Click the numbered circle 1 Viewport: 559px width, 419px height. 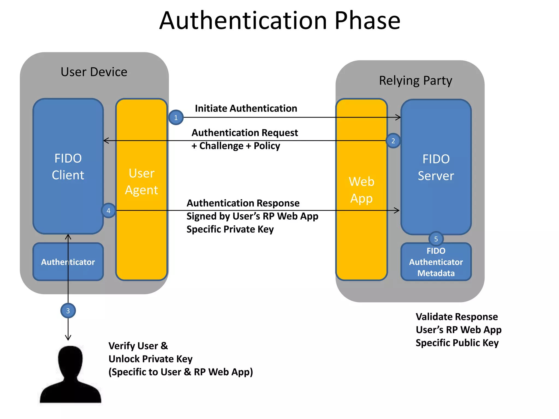point(176,118)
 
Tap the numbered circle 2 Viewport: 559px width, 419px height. point(393,141)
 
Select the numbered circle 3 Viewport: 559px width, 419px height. point(68,311)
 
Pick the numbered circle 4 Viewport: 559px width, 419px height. point(108,211)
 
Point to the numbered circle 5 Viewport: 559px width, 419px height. point(436,239)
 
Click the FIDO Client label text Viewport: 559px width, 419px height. point(68,167)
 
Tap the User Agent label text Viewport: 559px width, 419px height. point(141,182)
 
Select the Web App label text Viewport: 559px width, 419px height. point(361,190)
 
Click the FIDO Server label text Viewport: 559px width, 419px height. point(436,167)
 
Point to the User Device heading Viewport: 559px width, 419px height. point(94,72)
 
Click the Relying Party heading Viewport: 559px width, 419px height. point(415,81)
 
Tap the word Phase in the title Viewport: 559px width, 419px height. point(367,21)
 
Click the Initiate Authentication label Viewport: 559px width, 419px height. point(246,109)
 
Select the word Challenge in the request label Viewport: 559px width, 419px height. point(221,146)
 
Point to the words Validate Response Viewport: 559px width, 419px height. point(457,317)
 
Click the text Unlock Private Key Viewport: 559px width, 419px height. point(150,359)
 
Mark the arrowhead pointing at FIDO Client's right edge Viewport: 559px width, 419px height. point(106,141)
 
